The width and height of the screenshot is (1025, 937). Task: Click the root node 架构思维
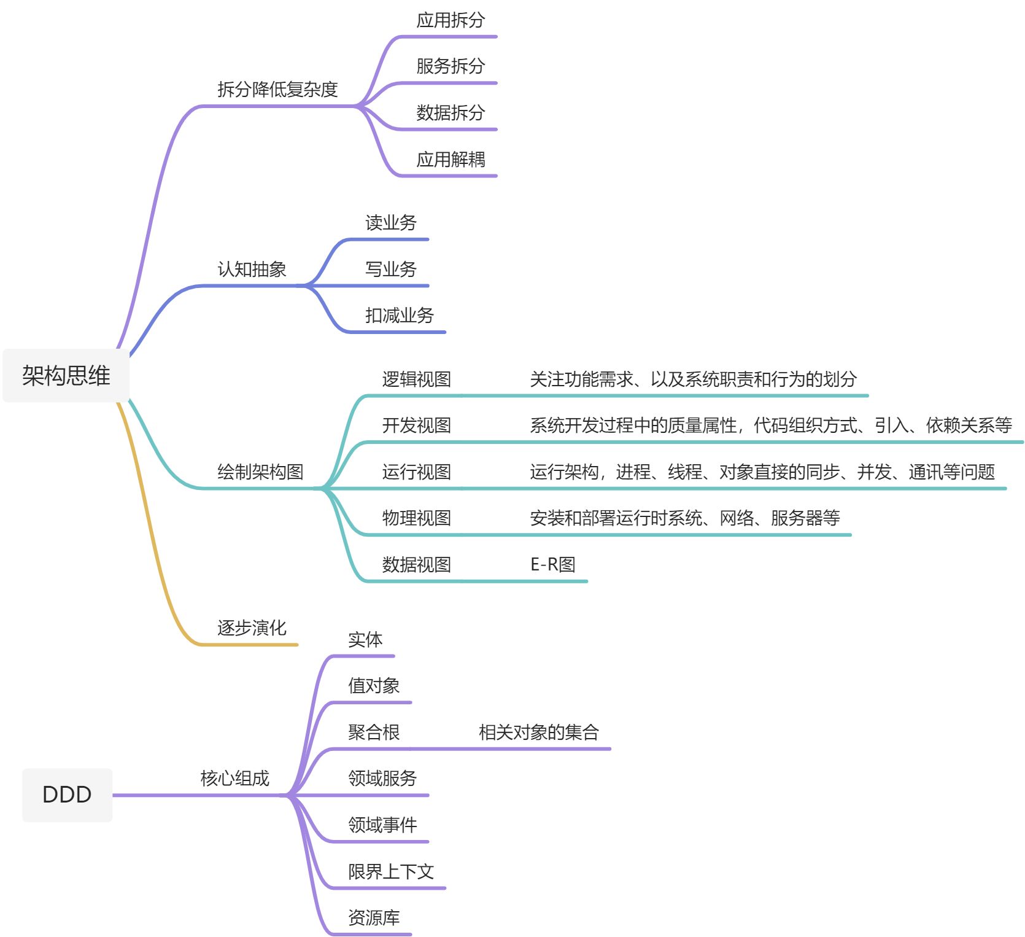pyautogui.click(x=66, y=376)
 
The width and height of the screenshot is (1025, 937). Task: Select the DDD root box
pyautogui.click(x=67, y=795)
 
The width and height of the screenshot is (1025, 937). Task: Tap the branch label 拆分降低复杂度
pyautogui.click(x=277, y=90)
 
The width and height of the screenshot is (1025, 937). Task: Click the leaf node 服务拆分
pyautogui.click(x=451, y=66)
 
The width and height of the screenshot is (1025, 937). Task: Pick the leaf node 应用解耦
pyautogui.click(x=451, y=160)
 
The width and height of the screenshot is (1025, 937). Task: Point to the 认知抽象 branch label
pyautogui.click(x=252, y=269)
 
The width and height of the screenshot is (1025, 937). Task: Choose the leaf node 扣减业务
pyautogui.click(x=399, y=316)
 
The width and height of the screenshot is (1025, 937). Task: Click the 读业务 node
pyautogui.click(x=391, y=222)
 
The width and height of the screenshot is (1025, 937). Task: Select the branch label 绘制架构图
pyautogui.click(x=260, y=472)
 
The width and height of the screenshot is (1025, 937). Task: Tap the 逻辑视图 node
pyautogui.click(x=416, y=379)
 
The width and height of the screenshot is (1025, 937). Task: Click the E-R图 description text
pyautogui.click(x=552, y=564)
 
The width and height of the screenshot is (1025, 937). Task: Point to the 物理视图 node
pyautogui.click(x=416, y=518)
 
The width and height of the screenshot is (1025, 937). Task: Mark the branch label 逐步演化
pyautogui.click(x=252, y=628)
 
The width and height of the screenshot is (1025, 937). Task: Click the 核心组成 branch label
pyautogui.click(x=234, y=779)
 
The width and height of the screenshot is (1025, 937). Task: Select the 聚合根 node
pyautogui.click(x=374, y=732)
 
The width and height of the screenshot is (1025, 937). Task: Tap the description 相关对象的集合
pyautogui.click(x=538, y=732)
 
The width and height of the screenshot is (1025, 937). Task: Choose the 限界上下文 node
pyautogui.click(x=391, y=871)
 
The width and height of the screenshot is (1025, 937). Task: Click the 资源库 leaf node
pyautogui.click(x=374, y=918)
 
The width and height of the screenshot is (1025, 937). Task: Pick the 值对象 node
pyautogui.click(x=374, y=685)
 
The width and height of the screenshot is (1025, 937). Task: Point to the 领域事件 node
pyautogui.click(x=382, y=825)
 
